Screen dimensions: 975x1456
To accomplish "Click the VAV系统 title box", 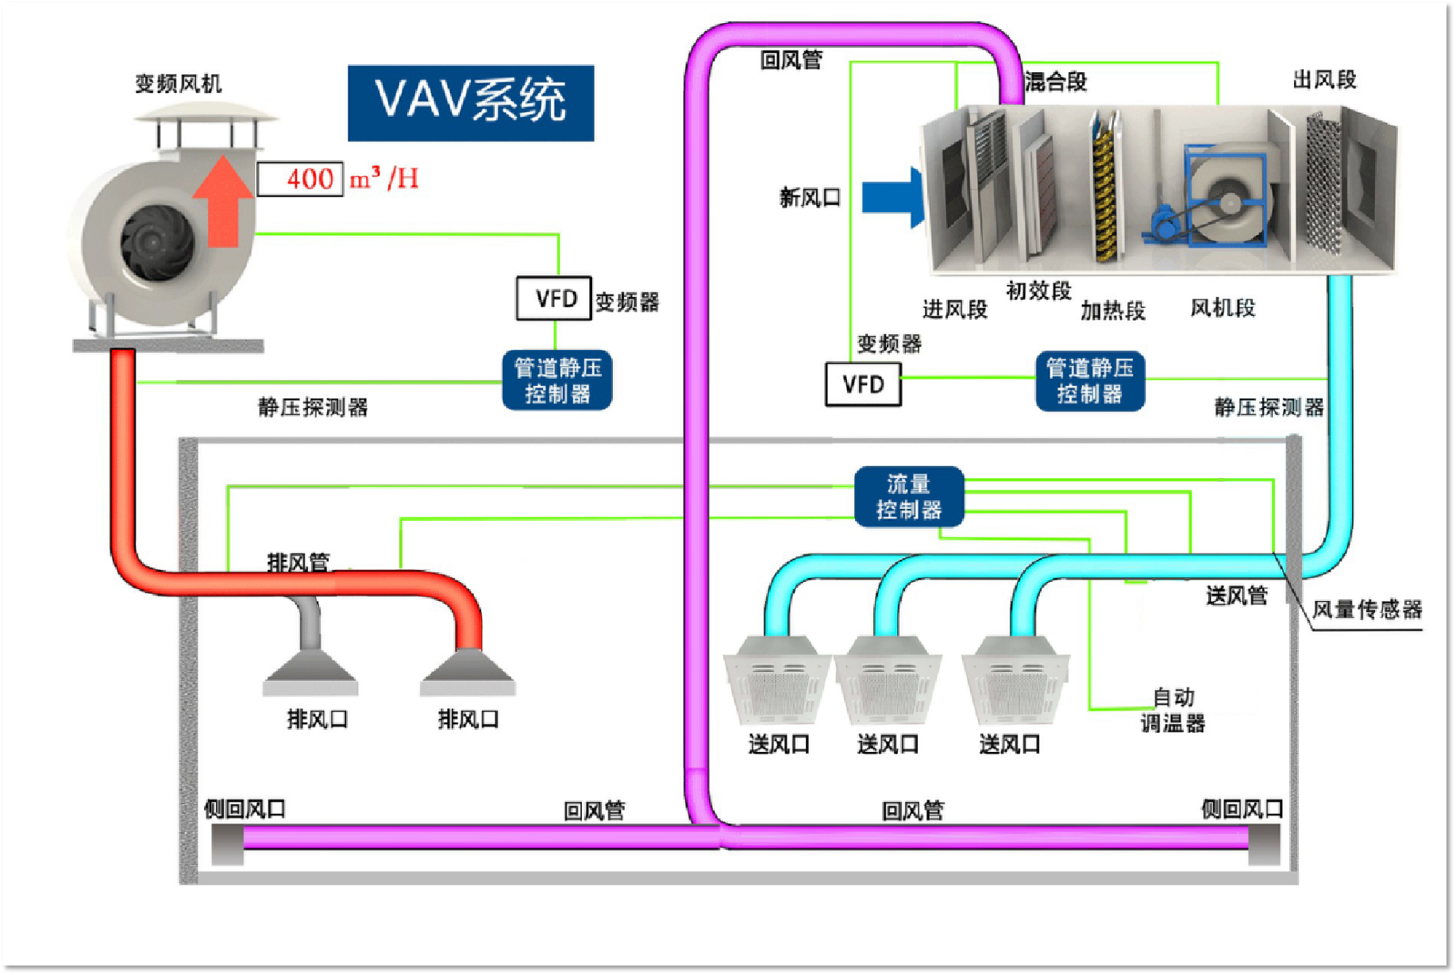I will [471, 103].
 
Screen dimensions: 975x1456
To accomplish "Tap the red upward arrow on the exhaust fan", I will [223, 202].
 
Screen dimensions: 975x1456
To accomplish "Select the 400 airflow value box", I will [300, 179].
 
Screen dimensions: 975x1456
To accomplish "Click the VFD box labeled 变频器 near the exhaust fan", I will [554, 299].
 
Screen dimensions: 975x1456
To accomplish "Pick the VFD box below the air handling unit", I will [863, 384].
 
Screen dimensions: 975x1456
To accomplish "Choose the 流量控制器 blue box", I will [909, 497].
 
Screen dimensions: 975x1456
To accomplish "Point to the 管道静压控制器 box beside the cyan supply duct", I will [1090, 381].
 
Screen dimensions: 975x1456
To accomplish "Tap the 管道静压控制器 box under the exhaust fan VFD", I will [557, 380].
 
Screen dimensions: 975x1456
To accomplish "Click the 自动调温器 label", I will [1173, 711].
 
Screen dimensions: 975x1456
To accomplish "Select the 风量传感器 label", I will [1366, 610].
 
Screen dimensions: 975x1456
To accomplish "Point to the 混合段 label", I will [1055, 82].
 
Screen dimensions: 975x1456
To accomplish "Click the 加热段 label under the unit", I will [1112, 310].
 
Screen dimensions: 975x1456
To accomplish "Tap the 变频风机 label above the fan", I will [178, 83].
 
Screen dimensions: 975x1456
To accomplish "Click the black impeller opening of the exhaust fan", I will [157, 242].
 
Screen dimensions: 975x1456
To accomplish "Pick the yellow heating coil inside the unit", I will [1104, 195].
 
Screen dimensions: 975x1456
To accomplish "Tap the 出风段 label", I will [1324, 80].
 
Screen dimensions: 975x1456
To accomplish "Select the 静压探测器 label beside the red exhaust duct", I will [313, 407].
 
